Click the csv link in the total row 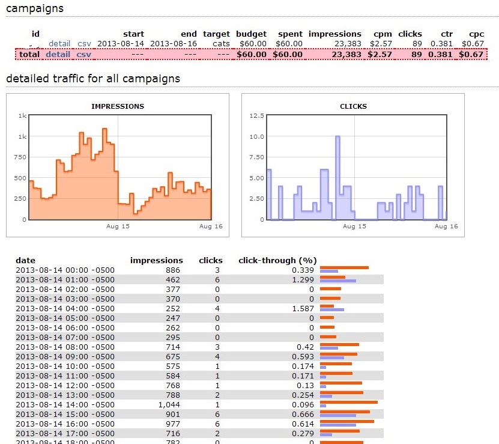(x=84, y=54)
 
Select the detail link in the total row (x=58, y=54)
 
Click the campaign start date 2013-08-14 (x=121, y=44)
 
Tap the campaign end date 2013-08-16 (x=174, y=44)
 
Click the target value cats (x=221, y=44)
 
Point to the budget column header (x=251, y=34)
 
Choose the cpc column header (x=476, y=34)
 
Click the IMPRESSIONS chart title (x=118, y=106)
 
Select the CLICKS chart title (x=353, y=106)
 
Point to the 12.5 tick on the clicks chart (x=256, y=115)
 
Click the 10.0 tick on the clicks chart (x=256, y=136)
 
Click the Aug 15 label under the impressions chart (x=118, y=227)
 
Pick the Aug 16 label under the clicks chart (x=446, y=227)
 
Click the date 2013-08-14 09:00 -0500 (x=65, y=357)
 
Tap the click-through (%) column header (x=277, y=261)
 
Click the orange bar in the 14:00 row (x=349, y=402)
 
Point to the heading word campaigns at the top (x=34, y=9)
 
